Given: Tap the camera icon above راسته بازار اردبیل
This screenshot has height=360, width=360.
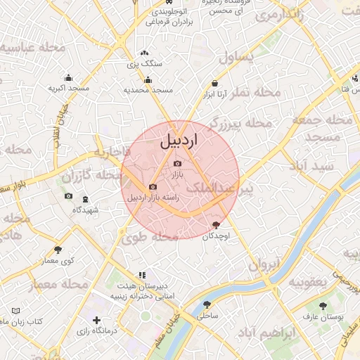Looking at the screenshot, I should click(153, 186).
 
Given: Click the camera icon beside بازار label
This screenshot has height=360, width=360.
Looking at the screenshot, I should click(177, 164).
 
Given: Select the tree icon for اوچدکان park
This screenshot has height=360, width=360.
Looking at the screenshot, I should click(216, 224).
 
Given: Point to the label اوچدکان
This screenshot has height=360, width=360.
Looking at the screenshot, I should click(216, 237).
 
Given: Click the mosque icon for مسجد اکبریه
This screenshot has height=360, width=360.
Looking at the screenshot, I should click(68, 78).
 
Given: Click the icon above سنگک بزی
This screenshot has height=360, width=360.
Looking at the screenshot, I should click(145, 53).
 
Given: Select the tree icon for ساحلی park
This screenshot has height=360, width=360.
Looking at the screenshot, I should click(207, 304).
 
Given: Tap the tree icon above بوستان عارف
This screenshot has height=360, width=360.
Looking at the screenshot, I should click(323, 306).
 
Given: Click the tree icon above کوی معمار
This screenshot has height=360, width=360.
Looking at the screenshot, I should click(58, 250).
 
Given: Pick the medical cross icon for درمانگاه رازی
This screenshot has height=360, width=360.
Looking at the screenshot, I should click(96, 321).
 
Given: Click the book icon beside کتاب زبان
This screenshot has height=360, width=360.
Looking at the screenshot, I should click(16, 311).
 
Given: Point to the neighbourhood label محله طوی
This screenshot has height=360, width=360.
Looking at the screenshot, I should click(149, 238).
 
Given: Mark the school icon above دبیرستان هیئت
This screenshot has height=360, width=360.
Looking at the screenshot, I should click(142, 275).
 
